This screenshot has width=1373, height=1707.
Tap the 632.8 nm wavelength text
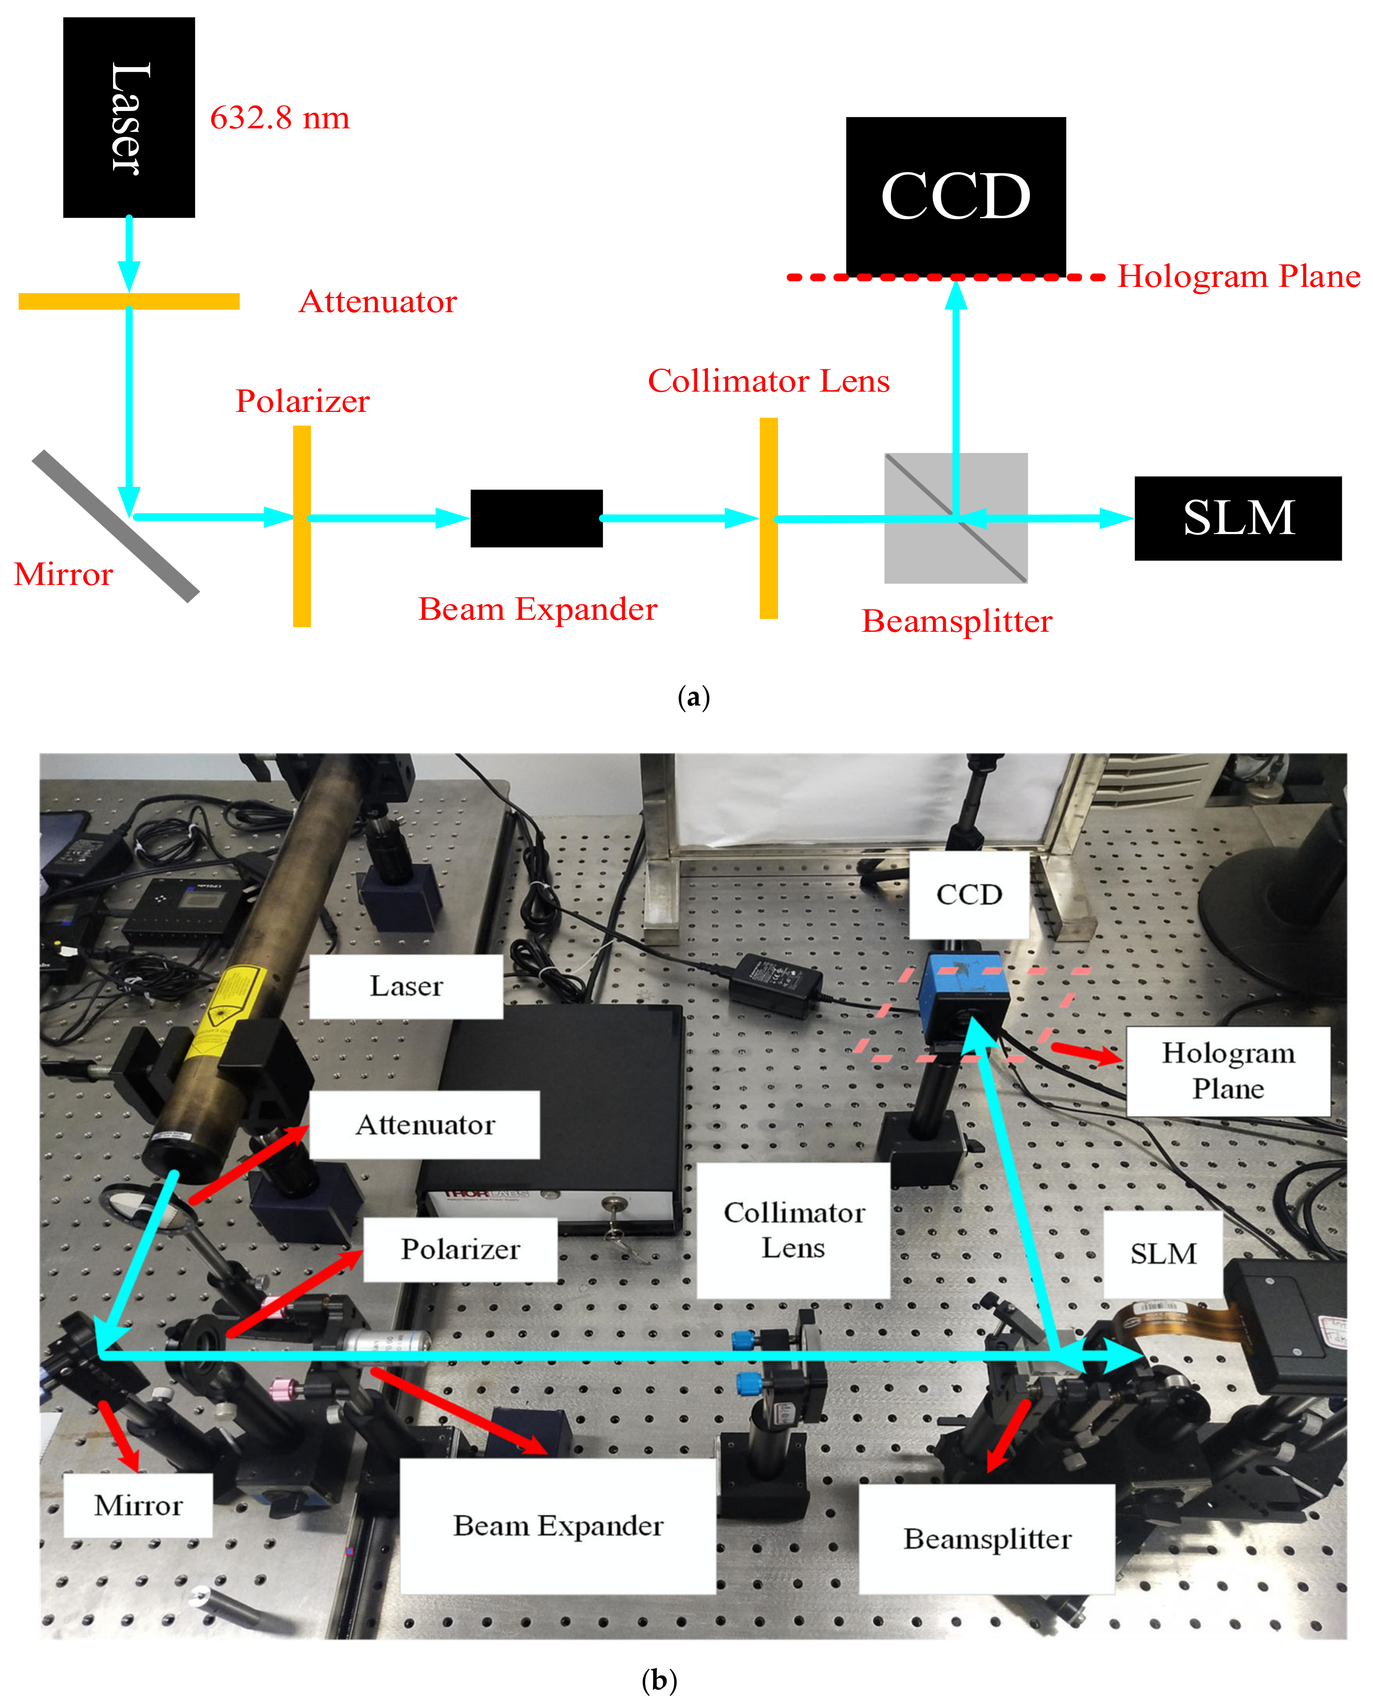click(x=279, y=118)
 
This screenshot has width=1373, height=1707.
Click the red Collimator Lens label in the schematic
click(x=768, y=381)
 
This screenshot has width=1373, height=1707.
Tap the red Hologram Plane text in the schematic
click(x=1238, y=276)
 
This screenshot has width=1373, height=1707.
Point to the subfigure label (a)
click(x=694, y=697)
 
